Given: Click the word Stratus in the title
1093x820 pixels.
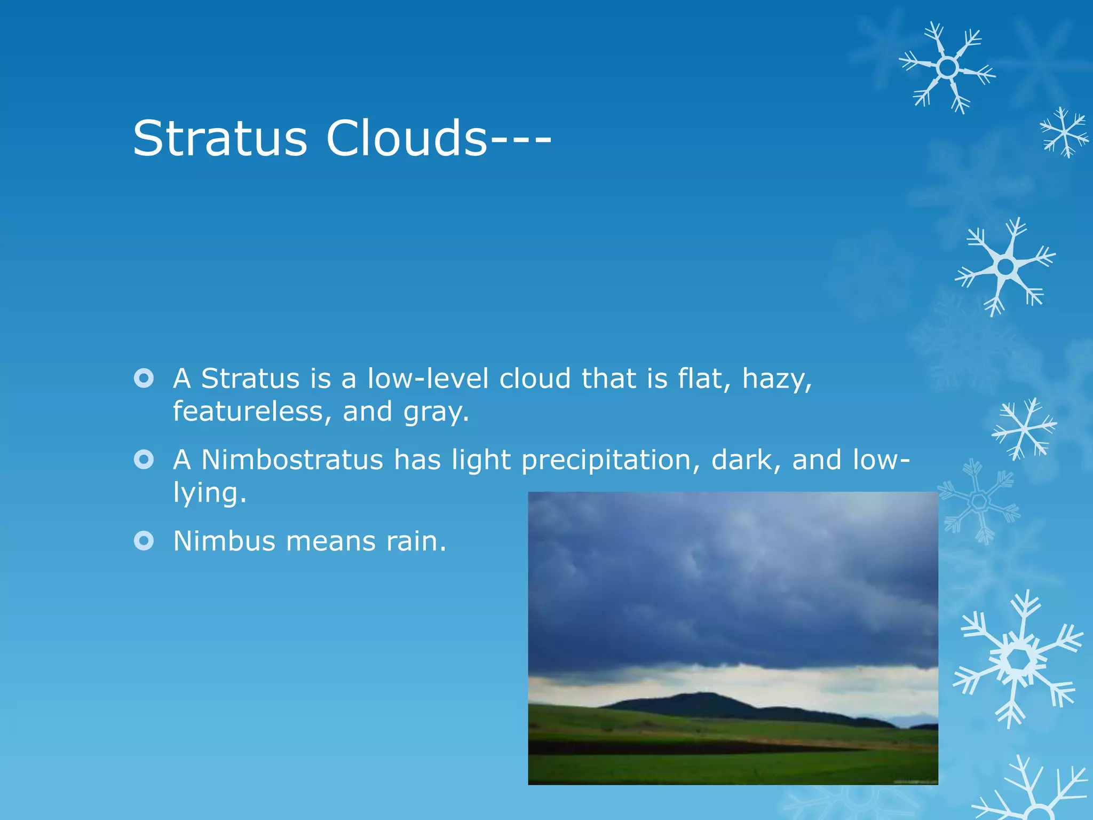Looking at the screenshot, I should (x=220, y=138).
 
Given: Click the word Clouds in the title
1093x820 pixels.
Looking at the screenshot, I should (x=407, y=138).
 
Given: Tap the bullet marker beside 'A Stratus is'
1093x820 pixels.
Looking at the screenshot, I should (x=144, y=379).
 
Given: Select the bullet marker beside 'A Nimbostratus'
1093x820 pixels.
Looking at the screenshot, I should (x=144, y=459).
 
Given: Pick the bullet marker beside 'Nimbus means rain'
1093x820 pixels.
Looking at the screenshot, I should (x=144, y=540).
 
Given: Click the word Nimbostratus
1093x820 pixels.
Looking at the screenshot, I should (x=292, y=460).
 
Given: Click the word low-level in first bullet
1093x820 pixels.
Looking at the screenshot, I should (x=427, y=379).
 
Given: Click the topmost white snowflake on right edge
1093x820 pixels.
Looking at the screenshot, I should (x=947, y=68).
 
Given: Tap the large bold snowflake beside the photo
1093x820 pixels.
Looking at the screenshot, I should (x=1018, y=660).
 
